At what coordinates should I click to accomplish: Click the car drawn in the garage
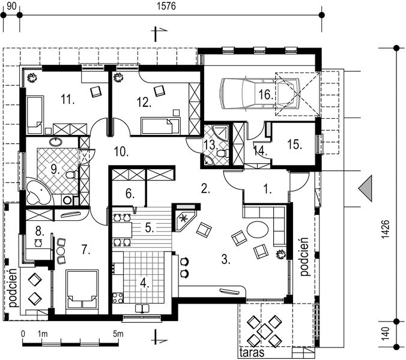click(260, 94)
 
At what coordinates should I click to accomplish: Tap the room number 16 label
click(265, 94)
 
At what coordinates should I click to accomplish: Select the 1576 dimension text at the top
click(166, 6)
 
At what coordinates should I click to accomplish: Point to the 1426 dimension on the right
click(386, 229)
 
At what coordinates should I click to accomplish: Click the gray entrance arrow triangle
click(366, 188)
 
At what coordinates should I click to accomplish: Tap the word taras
click(252, 352)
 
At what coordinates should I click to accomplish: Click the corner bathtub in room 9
click(38, 192)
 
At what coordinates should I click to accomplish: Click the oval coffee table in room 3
click(258, 229)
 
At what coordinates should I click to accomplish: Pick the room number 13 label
click(211, 145)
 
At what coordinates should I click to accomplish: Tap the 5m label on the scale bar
click(118, 334)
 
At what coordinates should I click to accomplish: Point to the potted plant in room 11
click(32, 77)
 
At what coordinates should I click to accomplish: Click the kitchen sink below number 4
click(142, 308)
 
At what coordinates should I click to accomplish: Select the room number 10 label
click(121, 152)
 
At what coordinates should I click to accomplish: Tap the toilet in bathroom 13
click(222, 154)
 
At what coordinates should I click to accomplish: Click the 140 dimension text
click(386, 334)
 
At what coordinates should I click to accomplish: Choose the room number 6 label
click(130, 193)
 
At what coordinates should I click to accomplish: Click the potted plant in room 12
click(118, 77)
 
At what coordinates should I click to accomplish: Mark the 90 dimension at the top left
click(11, 6)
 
